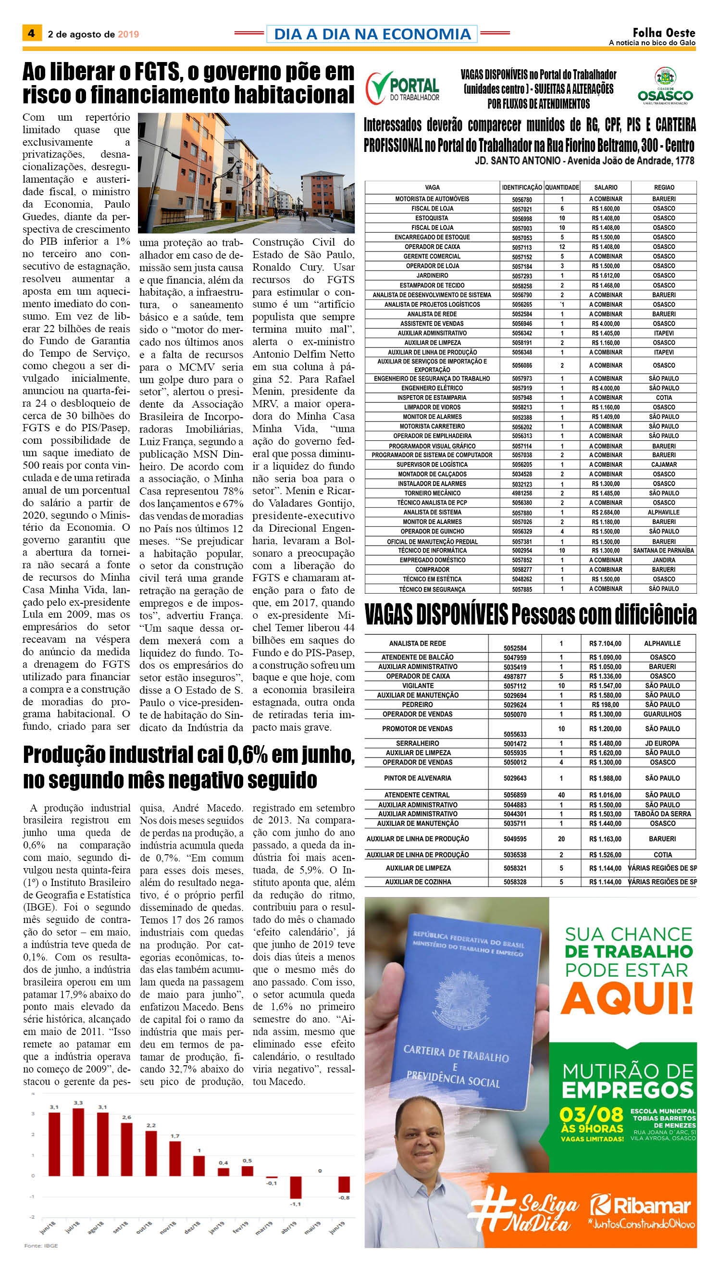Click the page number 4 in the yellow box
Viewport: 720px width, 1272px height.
[31, 33]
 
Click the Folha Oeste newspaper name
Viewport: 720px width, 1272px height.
[664, 33]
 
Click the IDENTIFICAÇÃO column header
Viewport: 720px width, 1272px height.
[521, 187]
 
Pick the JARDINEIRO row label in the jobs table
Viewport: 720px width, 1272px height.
[432, 275]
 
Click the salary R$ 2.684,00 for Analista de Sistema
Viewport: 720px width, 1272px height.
[605, 512]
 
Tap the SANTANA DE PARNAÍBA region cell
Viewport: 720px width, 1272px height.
[664, 550]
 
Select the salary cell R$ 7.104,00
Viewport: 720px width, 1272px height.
[605, 643]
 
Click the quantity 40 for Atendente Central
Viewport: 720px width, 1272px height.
[561, 795]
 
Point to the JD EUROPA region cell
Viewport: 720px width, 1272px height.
[662, 743]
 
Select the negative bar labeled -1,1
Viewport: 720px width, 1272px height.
[296, 1187]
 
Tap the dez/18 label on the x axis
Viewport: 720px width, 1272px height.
[192, 1227]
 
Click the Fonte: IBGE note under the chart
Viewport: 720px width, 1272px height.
[41, 1245]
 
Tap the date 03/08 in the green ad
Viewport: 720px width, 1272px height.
[591, 1115]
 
